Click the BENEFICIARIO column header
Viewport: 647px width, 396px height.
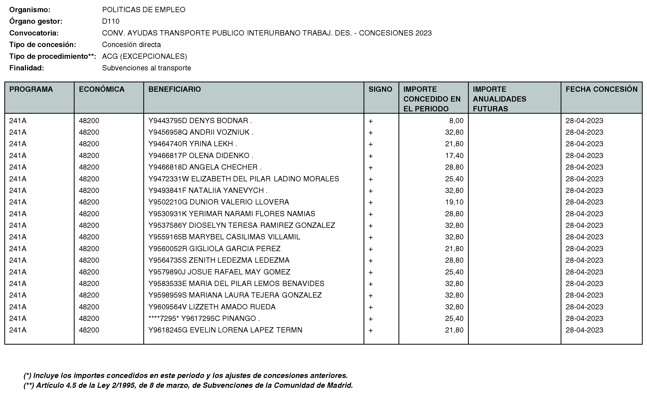[x=175, y=89]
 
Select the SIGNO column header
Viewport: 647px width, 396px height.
[x=380, y=89]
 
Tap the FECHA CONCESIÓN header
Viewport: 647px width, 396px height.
[x=601, y=89]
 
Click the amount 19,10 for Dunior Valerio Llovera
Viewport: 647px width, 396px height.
[x=454, y=202]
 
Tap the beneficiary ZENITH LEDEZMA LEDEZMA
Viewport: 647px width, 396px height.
[x=219, y=260]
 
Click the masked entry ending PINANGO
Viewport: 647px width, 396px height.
[x=204, y=318]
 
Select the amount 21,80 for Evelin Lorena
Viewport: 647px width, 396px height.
[x=454, y=330]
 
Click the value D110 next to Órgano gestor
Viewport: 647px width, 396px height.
[x=111, y=21]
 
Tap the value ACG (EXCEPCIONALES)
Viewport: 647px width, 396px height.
[x=144, y=56]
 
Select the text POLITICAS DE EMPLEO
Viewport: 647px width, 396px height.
[x=144, y=10]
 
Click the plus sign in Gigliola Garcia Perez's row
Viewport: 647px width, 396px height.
[x=370, y=249]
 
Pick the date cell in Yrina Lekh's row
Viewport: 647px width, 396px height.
[x=584, y=144]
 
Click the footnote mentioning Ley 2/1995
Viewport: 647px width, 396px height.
[x=188, y=385]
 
